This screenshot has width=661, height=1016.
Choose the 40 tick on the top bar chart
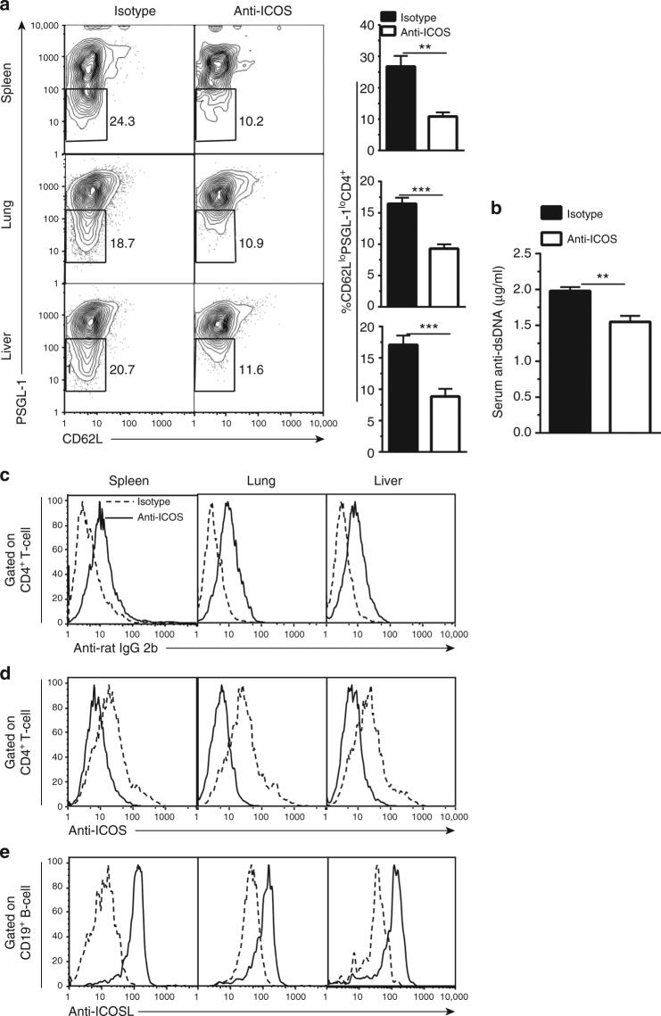[x=368, y=24]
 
